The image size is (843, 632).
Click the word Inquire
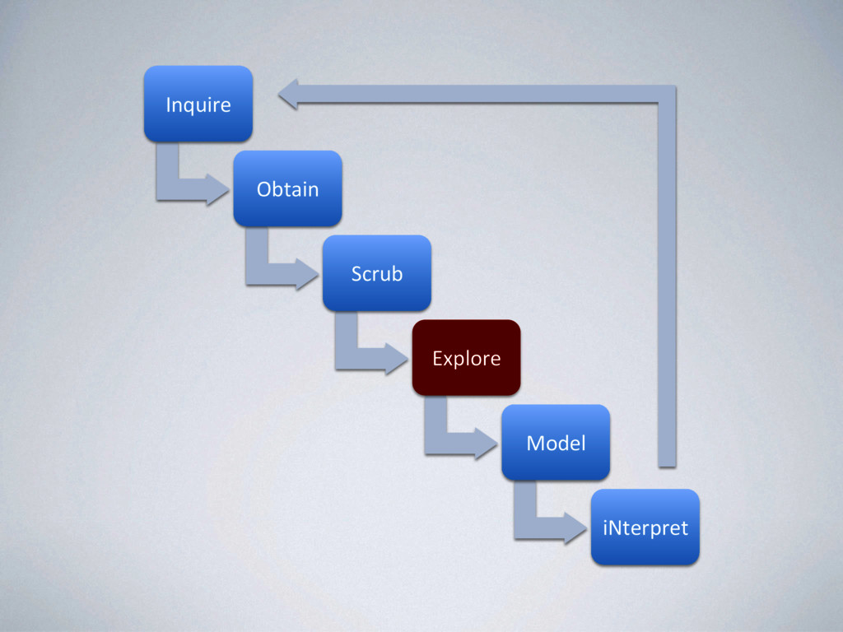pos(198,105)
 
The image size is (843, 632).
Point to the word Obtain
pos(287,189)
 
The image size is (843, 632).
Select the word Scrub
pos(376,274)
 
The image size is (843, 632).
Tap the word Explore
pos(466,359)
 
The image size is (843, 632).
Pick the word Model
pos(556,444)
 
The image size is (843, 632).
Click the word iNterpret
pos(645,527)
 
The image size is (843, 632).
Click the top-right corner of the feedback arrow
pos(667,94)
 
